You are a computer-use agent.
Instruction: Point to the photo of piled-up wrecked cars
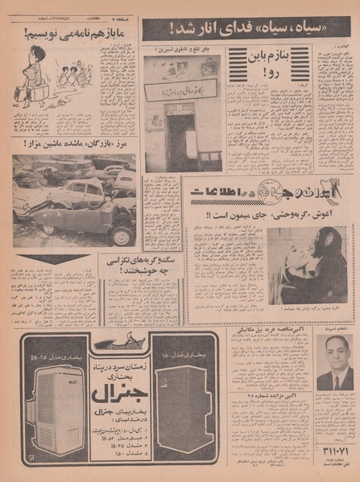[x=74, y=201]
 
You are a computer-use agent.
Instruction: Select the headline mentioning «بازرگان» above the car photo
[x=74, y=143]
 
